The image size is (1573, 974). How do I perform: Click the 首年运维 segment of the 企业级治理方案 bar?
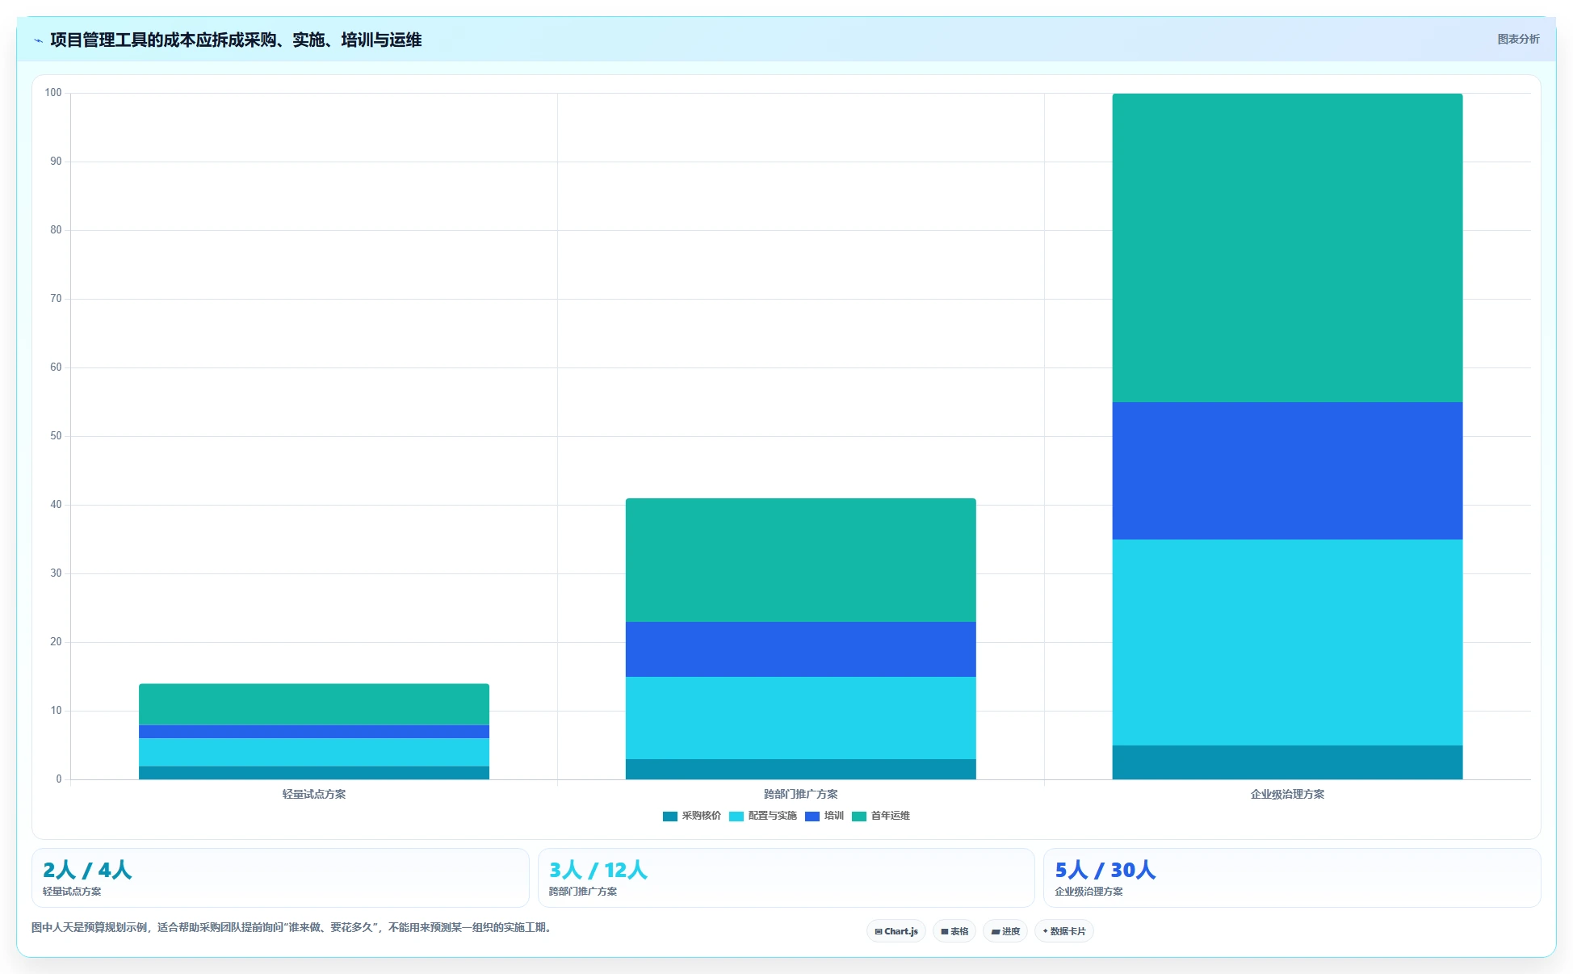(1287, 248)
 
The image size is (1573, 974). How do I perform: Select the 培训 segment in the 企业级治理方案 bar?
(1287, 471)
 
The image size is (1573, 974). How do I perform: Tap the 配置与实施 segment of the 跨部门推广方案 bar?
(800, 718)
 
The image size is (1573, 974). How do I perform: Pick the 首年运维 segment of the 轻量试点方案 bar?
(314, 704)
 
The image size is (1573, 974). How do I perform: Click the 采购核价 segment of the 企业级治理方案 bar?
(1287, 762)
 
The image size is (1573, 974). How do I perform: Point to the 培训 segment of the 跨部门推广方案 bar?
(800, 649)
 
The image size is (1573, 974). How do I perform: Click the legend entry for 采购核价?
(692, 816)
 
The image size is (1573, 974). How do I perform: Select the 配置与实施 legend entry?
(763, 816)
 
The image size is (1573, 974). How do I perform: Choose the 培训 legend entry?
(824, 816)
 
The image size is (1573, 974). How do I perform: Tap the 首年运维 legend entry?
(881, 816)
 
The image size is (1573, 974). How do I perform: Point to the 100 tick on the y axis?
(53, 93)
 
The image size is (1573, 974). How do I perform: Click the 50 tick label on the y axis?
(56, 436)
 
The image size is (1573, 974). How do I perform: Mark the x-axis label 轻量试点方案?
(314, 794)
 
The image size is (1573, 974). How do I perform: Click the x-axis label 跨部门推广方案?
(800, 794)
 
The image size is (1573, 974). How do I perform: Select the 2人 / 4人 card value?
(87, 870)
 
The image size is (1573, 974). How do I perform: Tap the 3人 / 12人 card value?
(598, 870)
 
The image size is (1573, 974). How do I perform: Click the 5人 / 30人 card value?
(1105, 870)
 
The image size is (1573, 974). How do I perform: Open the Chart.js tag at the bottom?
(896, 931)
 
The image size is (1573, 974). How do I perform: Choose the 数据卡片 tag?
(1064, 931)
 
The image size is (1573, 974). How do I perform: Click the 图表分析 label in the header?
(1518, 39)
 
